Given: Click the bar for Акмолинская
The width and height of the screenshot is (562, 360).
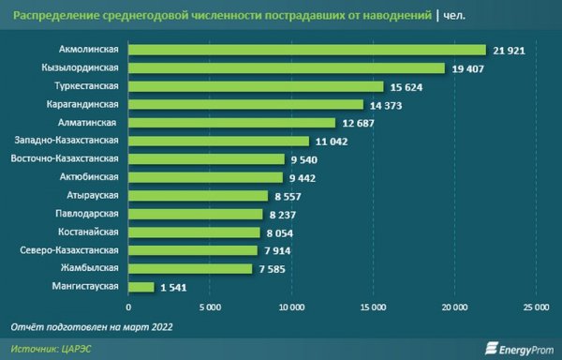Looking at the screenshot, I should click(x=307, y=50).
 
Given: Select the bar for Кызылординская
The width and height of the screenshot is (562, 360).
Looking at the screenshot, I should click(x=287, y=68).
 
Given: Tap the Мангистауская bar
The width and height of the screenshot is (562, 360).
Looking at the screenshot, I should click(x=140, y=287).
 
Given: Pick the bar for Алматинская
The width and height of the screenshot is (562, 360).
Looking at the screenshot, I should click(x=231, y=123).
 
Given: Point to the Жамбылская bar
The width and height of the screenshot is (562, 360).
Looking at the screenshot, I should click(x=190, y=269).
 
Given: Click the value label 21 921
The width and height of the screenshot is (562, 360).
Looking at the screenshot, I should click(x=510, y=50).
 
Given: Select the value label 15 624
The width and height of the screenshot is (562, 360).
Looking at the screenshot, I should click(x=407, y=86).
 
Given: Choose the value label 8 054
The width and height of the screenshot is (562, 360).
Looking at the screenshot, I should click(x=284, y=232).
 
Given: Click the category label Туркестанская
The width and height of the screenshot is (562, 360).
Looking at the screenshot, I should click(x=88, y=86).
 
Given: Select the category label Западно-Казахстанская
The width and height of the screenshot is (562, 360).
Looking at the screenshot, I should click(x=73, y=141).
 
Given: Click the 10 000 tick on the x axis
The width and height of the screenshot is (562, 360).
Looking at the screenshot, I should click(x=291, y=307).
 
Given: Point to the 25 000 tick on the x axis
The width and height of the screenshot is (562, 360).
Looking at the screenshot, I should click(x=535, y=307).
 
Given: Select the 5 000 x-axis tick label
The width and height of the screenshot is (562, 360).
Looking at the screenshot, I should click(x=210, y=307).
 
